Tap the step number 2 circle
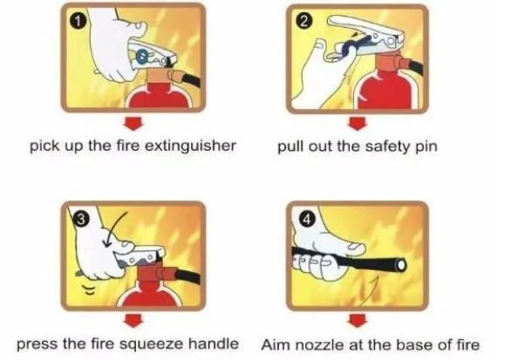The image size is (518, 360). point(303,21)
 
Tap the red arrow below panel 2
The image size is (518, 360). point(355,122)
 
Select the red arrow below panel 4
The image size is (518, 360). point(355,320)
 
